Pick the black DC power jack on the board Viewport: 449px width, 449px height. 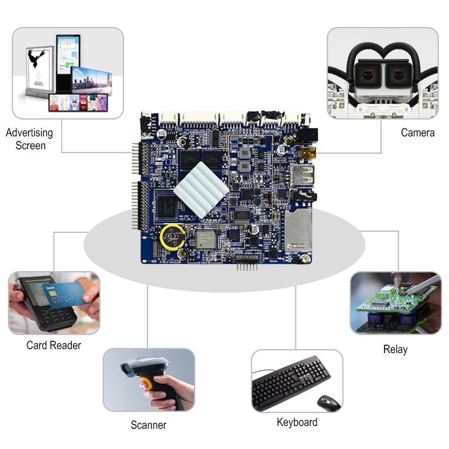(x=308, y=135)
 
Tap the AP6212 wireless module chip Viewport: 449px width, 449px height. (x=208, y=240)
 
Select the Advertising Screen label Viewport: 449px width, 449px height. (x=29, y=139)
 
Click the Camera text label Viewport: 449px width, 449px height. (x=418, y=132)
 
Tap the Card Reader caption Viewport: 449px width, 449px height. (x=53, y=345)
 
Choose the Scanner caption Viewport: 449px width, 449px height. (x=148, y=425)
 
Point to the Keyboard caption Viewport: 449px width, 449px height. (x=297, y=422)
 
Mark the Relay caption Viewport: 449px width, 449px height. (x=395, y=349)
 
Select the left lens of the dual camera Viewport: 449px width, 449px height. (x=366, y=74)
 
